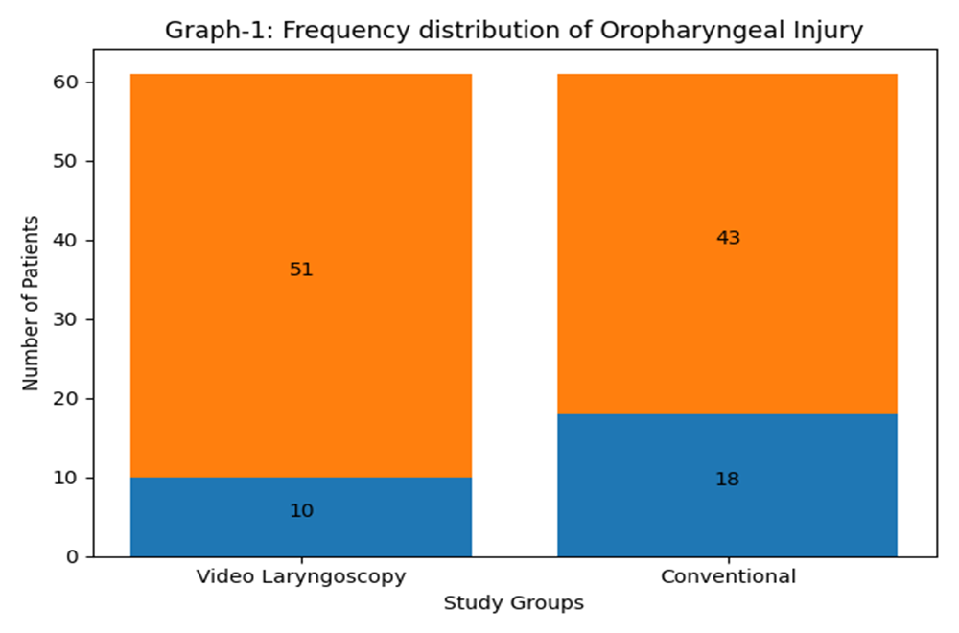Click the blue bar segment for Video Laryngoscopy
tap(301, 517)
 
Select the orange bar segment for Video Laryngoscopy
tap(301, 276)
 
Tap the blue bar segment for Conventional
tap(727, 485)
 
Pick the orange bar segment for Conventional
tap(727, 244)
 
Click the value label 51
tap(301, 270)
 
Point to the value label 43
tap(728, 237)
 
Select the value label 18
tap(727, 479)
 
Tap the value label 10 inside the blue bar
tap(301, 510)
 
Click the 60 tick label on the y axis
tap(65, 82)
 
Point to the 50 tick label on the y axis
tap(65, 161)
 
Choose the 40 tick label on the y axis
tap(65, 241)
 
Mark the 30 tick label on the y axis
tap(65, 319)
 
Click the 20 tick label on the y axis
tap(65, 399)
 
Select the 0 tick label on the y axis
tap(73, 556)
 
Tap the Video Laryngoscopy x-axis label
tap(301, 577)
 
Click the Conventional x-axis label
tap(728, 576)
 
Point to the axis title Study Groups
tap(514, 603)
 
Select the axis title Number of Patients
tap(31, 303)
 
